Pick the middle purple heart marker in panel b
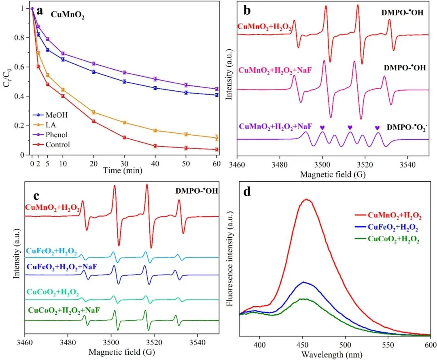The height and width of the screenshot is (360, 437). tap(350, 128)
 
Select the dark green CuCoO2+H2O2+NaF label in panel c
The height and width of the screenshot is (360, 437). tap(64, 311)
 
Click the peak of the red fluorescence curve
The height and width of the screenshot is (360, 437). tap(307, 199)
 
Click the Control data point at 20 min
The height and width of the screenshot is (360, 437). tap(93, 121)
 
